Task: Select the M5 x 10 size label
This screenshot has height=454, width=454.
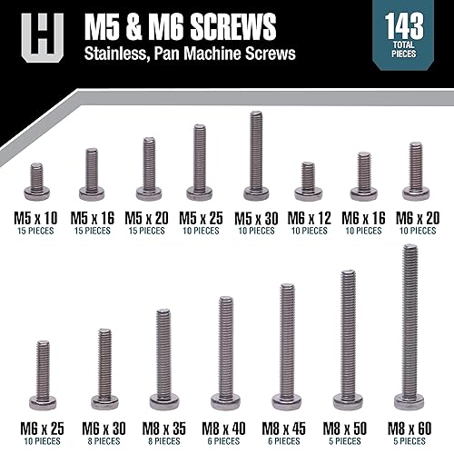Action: [x=36, y=217]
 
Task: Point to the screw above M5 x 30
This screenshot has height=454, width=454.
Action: [x=255, y=154]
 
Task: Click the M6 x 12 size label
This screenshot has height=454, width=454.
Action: [x=308, y=217]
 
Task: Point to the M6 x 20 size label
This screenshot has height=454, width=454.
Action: [x=416, y=217]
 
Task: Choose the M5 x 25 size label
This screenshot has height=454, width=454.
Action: [x=200, y=217]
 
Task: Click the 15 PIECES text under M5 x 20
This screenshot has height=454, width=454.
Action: [x=145, y=231]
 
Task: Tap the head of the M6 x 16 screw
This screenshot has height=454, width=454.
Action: [x=363, y=192]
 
